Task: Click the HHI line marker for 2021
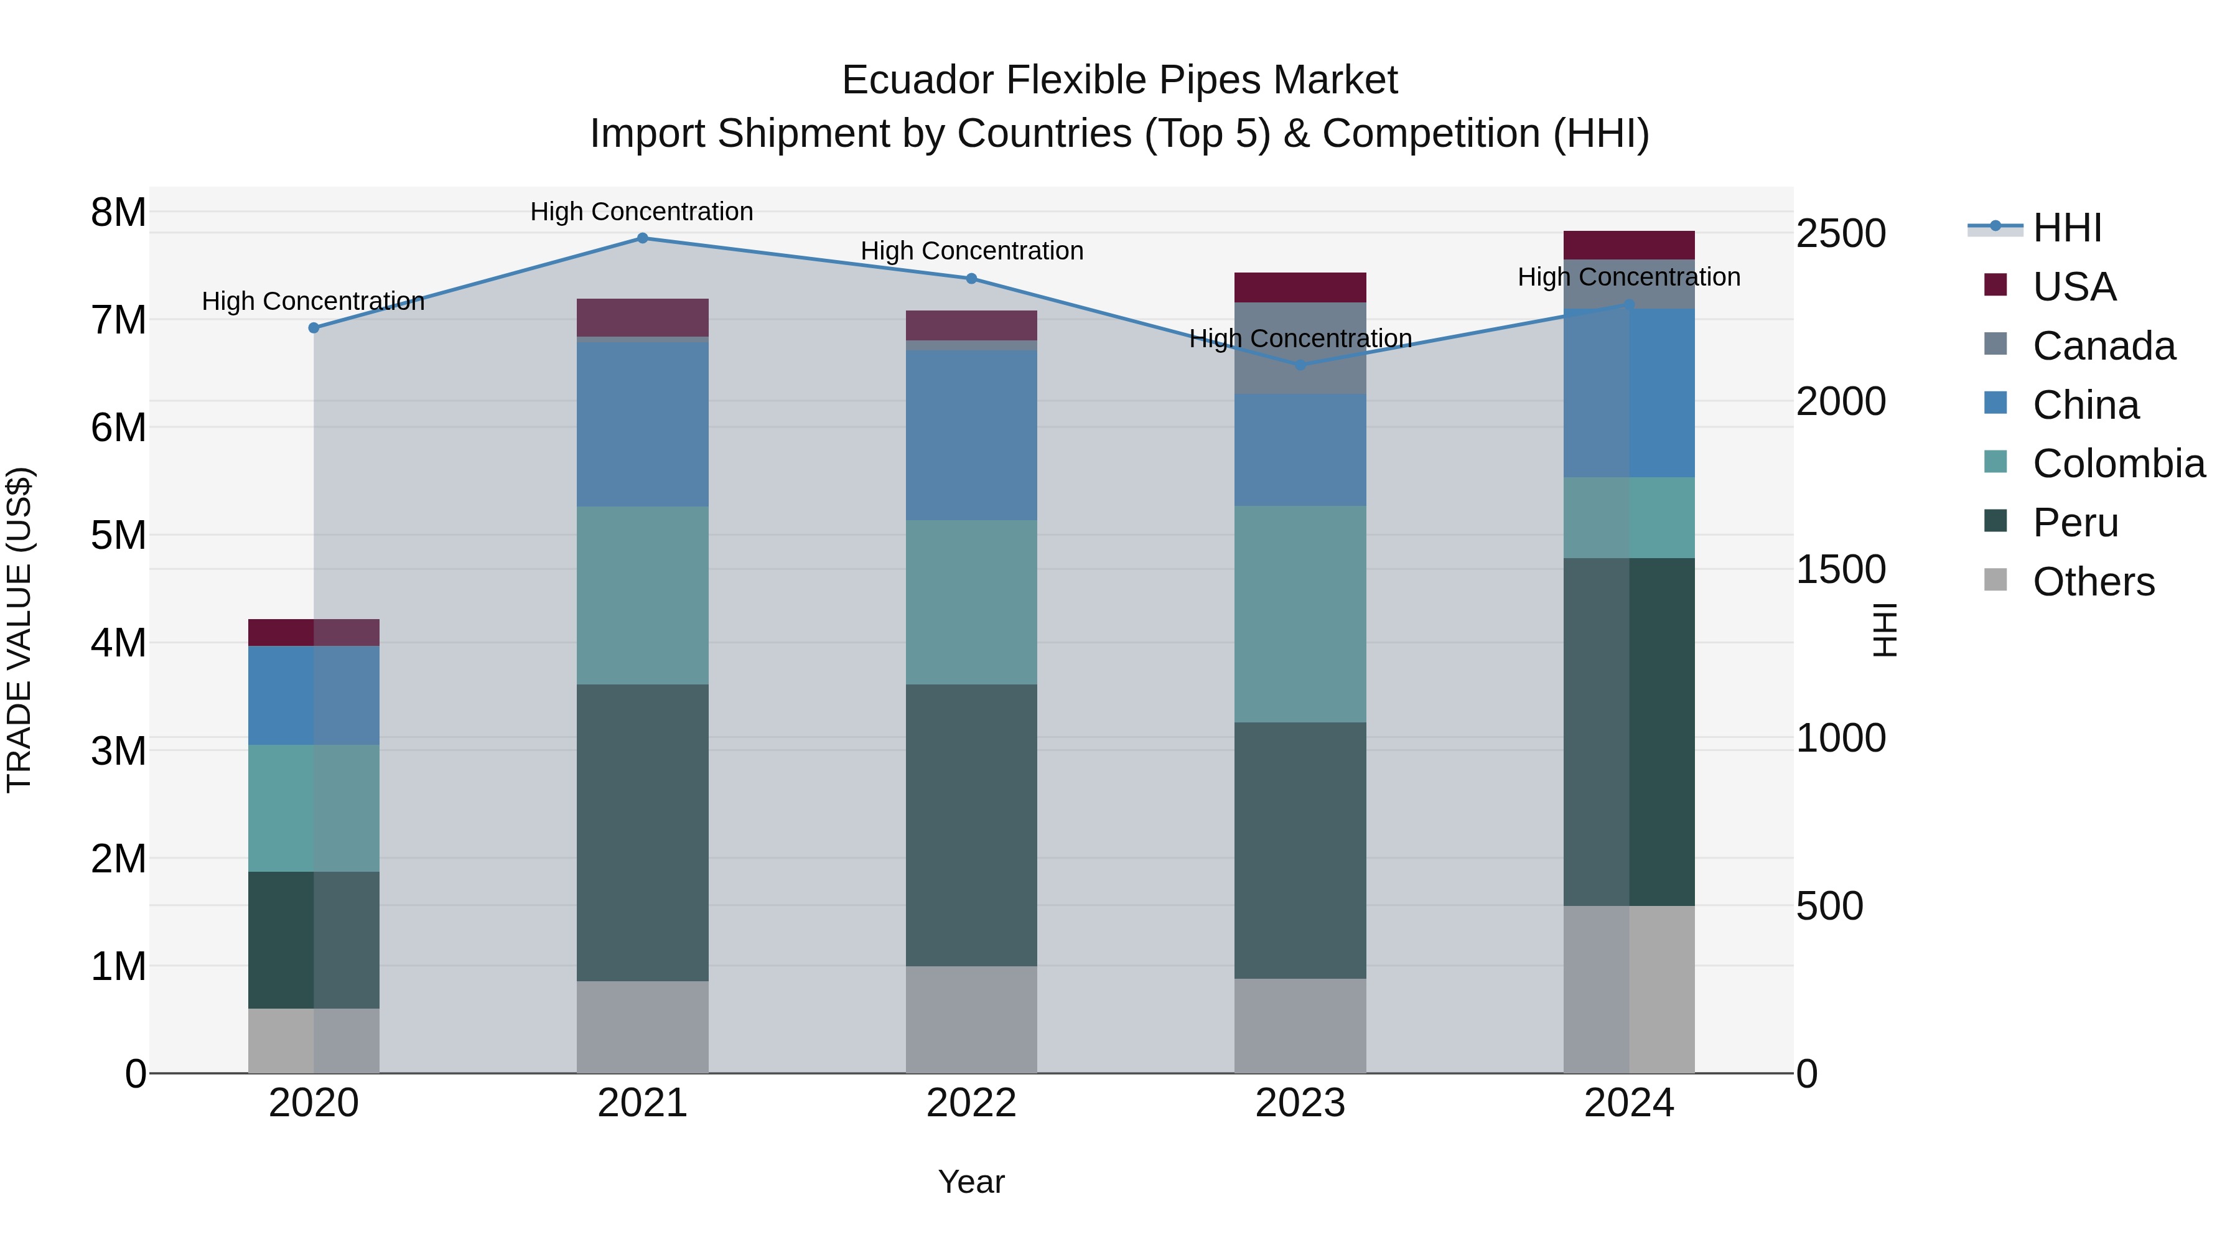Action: [643, 238]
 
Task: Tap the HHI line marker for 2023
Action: [1301, 365]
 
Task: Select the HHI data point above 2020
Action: [314, 328]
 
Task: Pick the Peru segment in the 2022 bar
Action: [971, 825]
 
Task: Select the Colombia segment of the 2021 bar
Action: [643, 595]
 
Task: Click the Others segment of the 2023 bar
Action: [1301, 1026]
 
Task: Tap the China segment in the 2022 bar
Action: [971, 436]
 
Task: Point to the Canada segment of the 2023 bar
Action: [1301, 348]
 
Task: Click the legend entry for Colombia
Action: [2118, 464]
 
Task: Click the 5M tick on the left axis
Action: [119, 536]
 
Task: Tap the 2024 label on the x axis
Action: [1629, 1103]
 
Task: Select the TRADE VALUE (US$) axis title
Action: [19, 630]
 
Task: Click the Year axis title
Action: [971, 1182]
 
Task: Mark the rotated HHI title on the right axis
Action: [1883, 630]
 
